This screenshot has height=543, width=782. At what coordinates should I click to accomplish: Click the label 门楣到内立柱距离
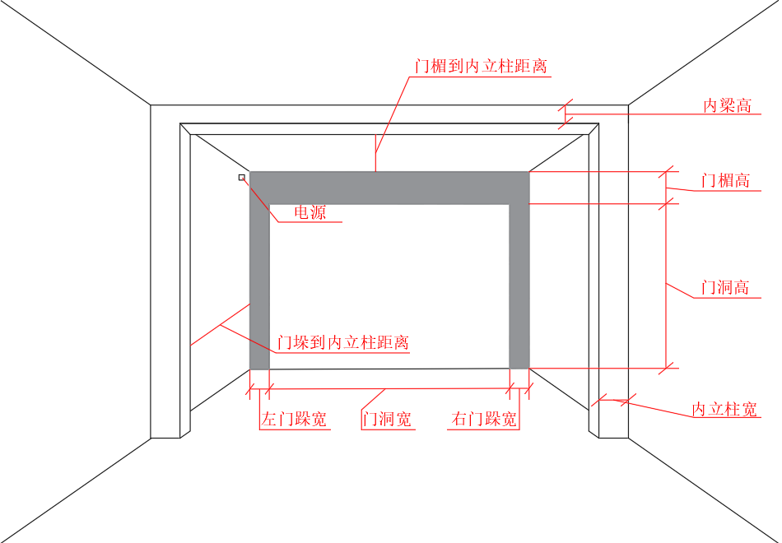tap(481, 66)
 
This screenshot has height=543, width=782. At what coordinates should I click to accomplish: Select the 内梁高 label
tap(727, 105)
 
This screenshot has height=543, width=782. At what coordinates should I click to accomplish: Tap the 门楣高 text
tap(725, 180)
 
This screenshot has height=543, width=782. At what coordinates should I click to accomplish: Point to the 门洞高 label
tap(724, 288)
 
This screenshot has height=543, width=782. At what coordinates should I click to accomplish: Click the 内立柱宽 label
tap(724, 409)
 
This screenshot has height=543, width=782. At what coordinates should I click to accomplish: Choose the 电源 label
tap(310, 213)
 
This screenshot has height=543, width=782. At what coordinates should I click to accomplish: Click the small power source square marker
tap(242, 177)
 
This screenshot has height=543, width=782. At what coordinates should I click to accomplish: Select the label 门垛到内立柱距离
tap(342, 342)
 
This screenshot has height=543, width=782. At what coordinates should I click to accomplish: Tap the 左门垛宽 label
tap(294, 419)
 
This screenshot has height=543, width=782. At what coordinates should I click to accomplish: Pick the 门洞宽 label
tap(387, 419)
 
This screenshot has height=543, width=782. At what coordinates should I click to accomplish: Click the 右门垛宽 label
tap(485, 419)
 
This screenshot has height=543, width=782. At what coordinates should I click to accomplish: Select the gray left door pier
tap(259, 288)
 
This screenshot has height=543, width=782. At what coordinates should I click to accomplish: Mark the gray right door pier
tap(519, 288)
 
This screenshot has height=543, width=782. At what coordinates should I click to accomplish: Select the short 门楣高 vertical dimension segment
tap(666, 187)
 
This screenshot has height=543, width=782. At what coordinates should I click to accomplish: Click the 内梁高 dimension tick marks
tap(565, 114)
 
